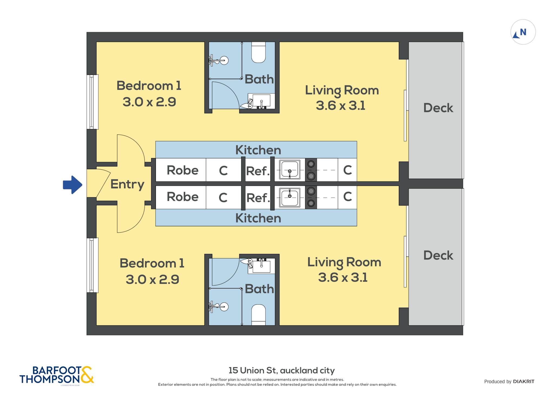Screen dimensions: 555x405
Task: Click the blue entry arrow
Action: [x=73, y=185]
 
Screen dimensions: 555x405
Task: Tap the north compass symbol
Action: [x=523, y=32]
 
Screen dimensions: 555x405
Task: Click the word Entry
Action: [x=127, y=185]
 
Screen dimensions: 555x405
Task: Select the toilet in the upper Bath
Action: [x=258, y=52]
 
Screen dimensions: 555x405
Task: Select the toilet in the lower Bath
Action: [x=258, y=315]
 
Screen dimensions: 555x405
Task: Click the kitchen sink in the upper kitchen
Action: [x=290, y=170]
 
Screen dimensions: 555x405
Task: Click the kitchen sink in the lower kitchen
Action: [x=290, y=197]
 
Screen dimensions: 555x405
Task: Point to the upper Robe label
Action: [x=182, y=170]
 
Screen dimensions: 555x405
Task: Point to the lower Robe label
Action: [x=182, y=197]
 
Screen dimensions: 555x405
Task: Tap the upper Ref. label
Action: [x=258, y=171]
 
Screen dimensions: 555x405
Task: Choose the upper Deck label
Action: [x=438, y=108]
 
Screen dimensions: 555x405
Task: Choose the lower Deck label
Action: [x=438, y=255]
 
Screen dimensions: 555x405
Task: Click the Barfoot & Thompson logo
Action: [x=57, y=375]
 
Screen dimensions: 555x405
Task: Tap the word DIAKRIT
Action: [x=524, y=382]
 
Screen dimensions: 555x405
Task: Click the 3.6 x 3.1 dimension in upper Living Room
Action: [x=340, y=105]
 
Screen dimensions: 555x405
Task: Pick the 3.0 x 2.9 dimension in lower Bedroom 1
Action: [x=152, y=279]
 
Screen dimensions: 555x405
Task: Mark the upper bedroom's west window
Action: [x=92, y=102]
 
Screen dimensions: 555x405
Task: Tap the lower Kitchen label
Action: [x=258, y=218]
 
